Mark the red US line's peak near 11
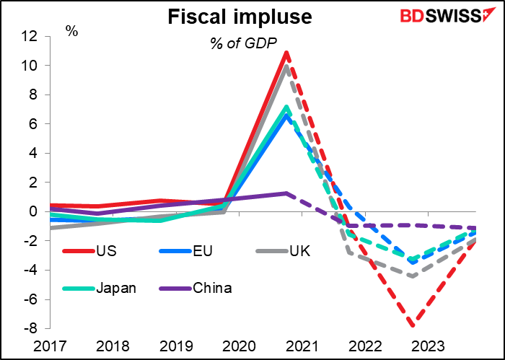287,53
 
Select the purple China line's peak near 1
286,193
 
